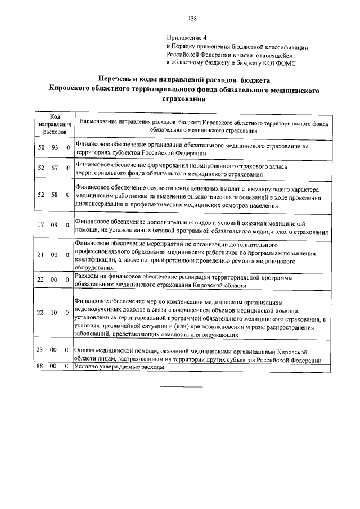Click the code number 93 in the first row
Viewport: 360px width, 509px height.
[x=55, y=147]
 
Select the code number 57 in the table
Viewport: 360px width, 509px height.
[x=55, y=168]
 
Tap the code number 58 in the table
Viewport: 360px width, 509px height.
[x=55, y=194]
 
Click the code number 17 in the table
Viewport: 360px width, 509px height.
[x=40, y=225]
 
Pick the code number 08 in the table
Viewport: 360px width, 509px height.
[x=55, y=225]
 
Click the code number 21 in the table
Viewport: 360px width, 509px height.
[x=40, y=255]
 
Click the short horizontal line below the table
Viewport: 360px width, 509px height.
[x=182, y=387]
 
